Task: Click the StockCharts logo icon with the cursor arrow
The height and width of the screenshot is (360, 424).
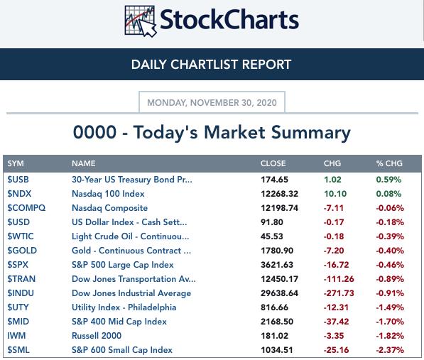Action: coord(141,21)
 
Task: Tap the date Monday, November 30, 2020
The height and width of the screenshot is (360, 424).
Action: coord(212,103)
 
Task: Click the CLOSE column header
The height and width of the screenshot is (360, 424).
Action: coord(273,163)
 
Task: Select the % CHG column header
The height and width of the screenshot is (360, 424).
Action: coord(389,163)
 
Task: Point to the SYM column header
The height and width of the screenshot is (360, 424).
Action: coord(16,163)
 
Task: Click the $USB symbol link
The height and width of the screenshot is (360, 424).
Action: coord(18,180)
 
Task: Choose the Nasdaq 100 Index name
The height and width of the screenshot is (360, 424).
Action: coord(108,194)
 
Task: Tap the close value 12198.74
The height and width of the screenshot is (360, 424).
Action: coord(279,208)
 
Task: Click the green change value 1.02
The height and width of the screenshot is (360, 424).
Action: coord(332,180)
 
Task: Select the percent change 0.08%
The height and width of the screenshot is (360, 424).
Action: coord(388,194)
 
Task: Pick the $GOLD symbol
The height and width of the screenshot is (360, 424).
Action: coord(22,251)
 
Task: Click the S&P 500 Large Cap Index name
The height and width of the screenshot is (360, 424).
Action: coord(123,265)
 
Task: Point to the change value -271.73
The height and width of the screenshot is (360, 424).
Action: coord(339,293)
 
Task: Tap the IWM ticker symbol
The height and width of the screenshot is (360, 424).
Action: coord(16,336)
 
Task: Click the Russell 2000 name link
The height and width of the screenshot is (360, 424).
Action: coord(97,336)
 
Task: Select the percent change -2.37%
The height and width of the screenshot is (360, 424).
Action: coord(390,350)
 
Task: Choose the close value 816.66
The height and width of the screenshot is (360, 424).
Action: coord(274,307)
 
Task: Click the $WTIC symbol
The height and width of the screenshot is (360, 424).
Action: coord(21,236)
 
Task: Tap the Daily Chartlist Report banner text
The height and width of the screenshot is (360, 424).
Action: coord(211,65)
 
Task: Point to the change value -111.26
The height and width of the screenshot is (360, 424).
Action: coord(339,279)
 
